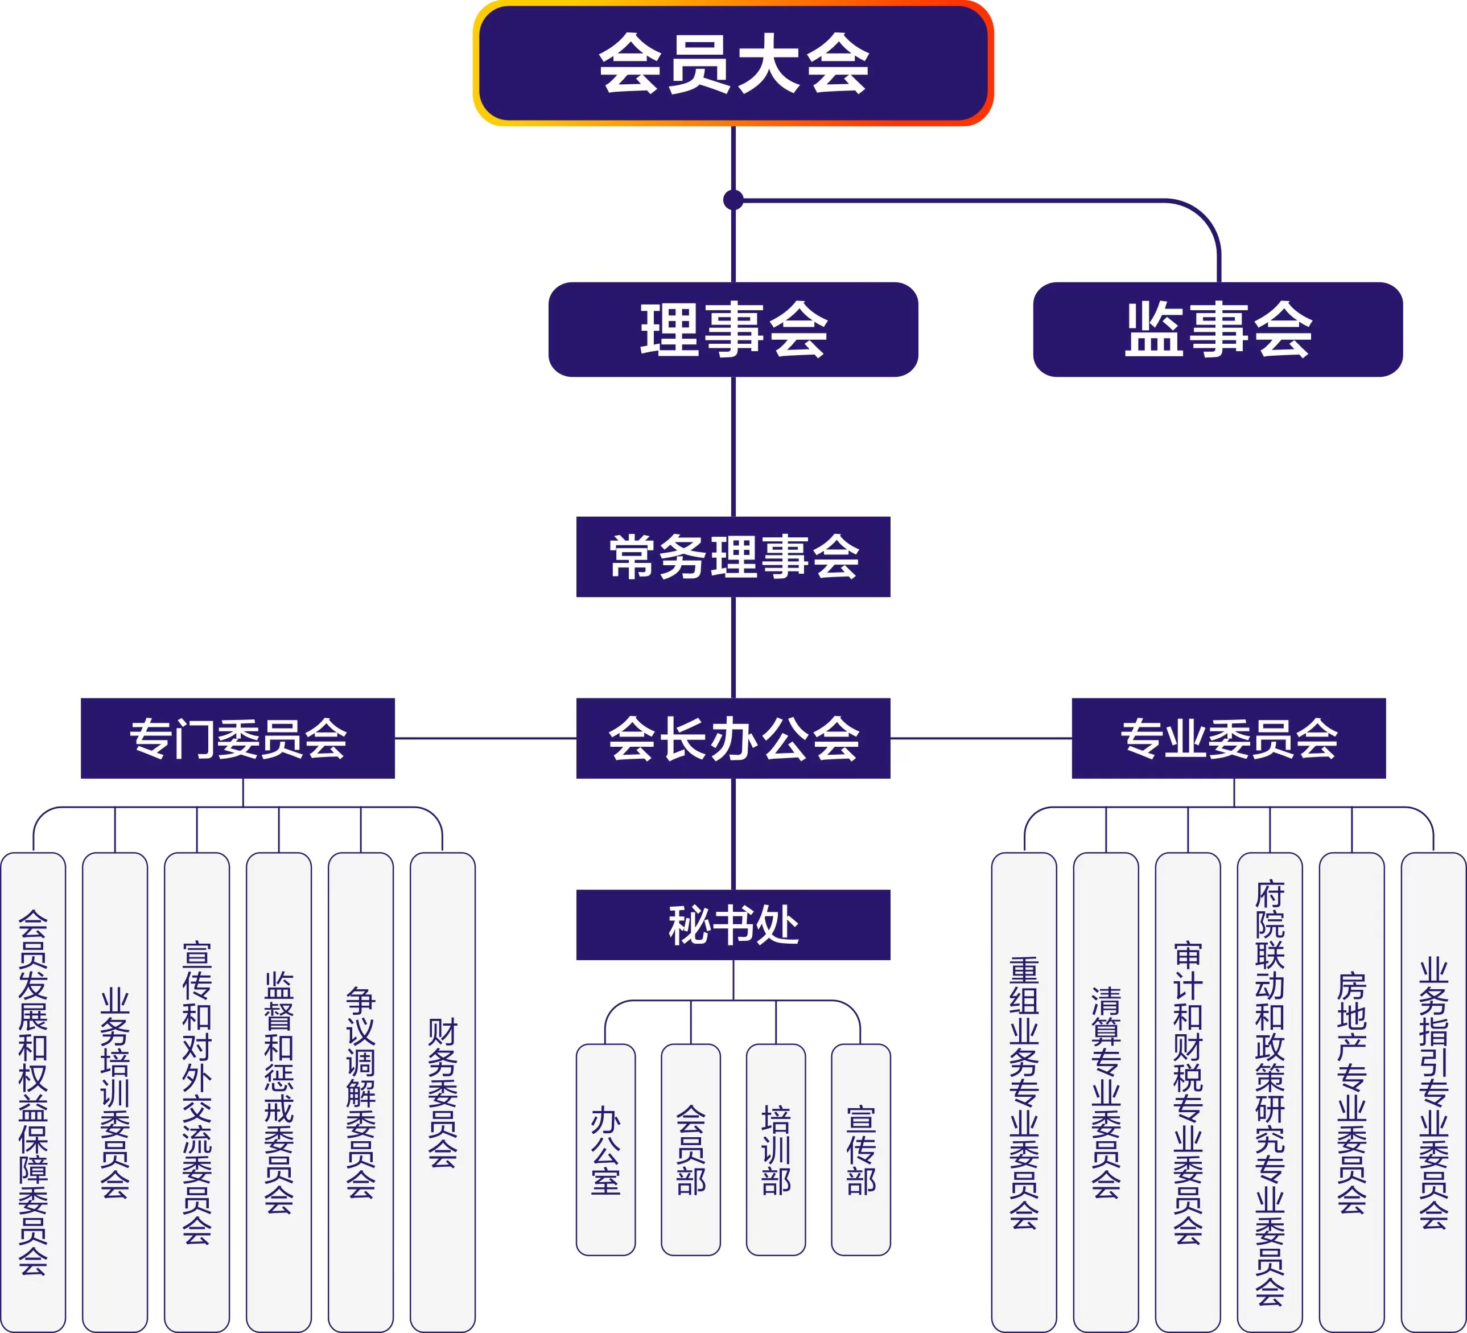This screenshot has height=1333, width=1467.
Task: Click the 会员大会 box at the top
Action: tap(733, 63)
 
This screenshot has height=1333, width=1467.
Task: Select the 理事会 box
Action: tap(733, 329)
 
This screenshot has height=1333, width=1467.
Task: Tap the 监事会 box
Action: tap(1217, 329)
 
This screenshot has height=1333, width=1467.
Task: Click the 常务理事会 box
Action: tap(733, 556)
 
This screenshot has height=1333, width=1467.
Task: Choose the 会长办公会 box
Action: tap(733, 738)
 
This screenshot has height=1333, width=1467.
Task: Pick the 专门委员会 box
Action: tap(237, 738)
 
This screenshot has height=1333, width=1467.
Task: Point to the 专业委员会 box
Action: tap(1229, 738)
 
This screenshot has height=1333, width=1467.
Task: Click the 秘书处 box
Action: tap(733, 924)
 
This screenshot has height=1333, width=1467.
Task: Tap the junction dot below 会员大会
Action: tap(733, 199)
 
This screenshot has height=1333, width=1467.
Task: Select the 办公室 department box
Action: tap(605, 1150)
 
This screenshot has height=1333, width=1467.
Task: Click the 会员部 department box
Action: tap(691, 1150)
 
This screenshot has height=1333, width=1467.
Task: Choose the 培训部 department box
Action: tap(776, 1150)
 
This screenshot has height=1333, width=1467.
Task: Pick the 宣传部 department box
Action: tap(861, 1150)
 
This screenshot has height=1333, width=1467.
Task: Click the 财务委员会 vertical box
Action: tap(442, 1092)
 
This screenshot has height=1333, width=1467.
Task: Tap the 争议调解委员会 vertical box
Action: tap(360, 1092)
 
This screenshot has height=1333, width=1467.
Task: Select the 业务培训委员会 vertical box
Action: tap(115, 1092)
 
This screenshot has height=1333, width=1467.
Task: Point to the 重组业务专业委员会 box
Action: tap(1024, 1092)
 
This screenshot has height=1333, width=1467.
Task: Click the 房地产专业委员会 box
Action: tap(1351, 1092)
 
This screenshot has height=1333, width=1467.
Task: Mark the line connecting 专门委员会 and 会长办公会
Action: tap(485, 738)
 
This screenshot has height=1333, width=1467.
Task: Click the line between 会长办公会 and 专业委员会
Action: tap(981, 738)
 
